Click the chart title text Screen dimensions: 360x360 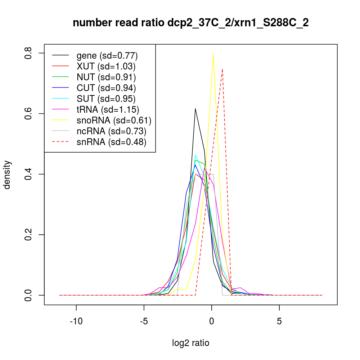tap(190, 23)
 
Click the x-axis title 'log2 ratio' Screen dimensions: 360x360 tap(190, 343)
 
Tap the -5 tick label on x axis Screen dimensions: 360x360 tap(144, 321)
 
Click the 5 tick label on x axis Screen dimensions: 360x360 tap(279, 321)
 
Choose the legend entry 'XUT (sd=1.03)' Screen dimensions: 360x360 tap(106, 66)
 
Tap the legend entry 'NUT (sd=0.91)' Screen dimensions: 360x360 tap(106, 77)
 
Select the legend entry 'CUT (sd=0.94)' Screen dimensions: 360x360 tap(106, 88)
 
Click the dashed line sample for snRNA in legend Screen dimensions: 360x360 tap(60, 142)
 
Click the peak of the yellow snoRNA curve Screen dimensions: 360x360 tap(213, 54)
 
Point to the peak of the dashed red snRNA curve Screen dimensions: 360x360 tap(223, 69)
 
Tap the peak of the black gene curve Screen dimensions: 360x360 tap(195, 108)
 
